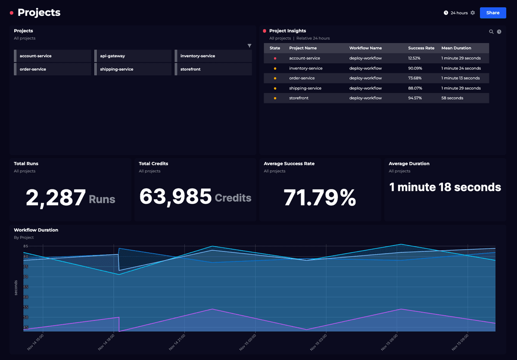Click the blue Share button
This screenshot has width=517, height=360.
coord(493,13)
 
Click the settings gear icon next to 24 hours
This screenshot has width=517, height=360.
coord(473,13)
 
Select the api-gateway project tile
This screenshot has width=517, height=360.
coord(133,56)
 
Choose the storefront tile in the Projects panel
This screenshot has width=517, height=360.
coord(213,69)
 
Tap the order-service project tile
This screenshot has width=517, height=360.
coord(53,69)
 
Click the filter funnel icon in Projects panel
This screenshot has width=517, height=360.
coord(249,46)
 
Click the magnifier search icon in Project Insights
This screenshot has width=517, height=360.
coord(491,31)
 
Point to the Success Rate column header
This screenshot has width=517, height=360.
coord(421,48)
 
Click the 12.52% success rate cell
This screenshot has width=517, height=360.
coord(414,58)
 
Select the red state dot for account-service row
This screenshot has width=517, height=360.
coord(275,58)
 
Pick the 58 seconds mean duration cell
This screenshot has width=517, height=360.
coord(452,98)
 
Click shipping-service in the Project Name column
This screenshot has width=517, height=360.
coord(305,88)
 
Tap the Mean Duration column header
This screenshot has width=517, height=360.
coord(456,48)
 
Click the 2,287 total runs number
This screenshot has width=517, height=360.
coord(56,198)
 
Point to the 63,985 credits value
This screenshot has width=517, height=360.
coord(176,196)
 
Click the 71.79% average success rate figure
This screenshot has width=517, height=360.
coord(320,198)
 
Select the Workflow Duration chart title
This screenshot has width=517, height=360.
coord(36,230)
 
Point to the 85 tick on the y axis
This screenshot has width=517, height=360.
coord(26,246)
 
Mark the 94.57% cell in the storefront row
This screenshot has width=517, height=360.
coord(415,98)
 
